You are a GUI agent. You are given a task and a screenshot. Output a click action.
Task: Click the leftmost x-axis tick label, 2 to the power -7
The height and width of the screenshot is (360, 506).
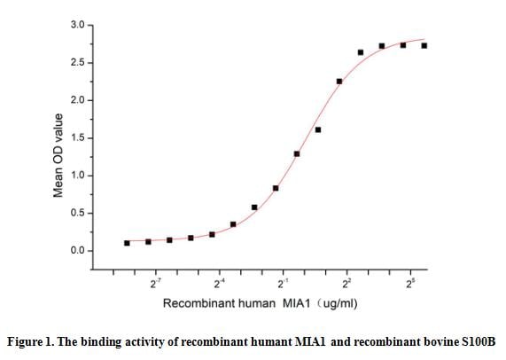tap(155, 283)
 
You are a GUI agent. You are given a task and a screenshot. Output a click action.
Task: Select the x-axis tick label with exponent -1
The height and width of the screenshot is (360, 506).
tap(283, 283)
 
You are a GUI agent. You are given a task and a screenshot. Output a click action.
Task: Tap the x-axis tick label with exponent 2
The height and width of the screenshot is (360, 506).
tap(347, 283)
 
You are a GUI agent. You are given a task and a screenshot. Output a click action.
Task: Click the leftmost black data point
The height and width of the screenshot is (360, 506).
tap(127, 243)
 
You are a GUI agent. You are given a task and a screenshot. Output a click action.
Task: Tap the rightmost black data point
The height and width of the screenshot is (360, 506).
tap(424, 45)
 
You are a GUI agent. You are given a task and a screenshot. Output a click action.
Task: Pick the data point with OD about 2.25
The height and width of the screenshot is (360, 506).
tap(339, 82)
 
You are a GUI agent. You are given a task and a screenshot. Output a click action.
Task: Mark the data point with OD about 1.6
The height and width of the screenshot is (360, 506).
tap(318, 129)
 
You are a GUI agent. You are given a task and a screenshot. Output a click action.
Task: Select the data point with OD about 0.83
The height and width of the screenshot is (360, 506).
tap(276, 188)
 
